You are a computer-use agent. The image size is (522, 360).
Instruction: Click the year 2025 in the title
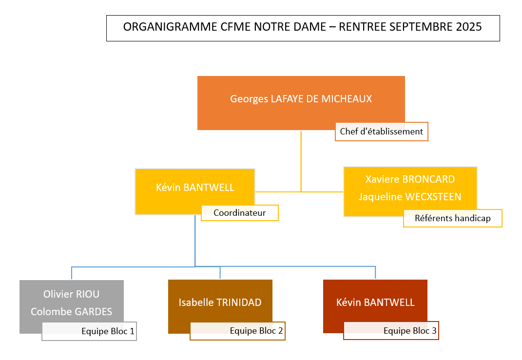pyautogui.click(x=469, y=27)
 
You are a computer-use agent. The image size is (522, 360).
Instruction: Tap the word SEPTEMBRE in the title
pyautogui.click(x=422, y=27)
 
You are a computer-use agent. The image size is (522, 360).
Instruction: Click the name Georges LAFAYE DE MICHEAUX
pyautogui.click(x=301, y=99)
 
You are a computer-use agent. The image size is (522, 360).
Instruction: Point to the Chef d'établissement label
pyautogui.click(x=381, y=132)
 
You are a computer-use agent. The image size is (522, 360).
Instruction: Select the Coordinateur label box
pyautogui.click(x=240, y=213)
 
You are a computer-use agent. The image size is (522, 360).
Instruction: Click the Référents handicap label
pyautogui.click(x=452, y=218)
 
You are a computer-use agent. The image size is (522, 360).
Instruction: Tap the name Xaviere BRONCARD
pyautogui.click(x=410, y=179)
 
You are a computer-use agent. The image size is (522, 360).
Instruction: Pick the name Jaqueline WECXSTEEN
pyautogui.click(x=410, y=197)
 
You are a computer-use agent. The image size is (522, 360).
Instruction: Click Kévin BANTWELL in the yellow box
pyautogui.click(x=195, y=188)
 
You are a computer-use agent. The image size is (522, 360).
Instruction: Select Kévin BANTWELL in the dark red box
pyautogui.click(x=375, y=303)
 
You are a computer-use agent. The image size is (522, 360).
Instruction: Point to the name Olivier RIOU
pyautogui.click(x=71, y=294)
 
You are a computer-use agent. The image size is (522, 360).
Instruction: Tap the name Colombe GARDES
pyautogui.click(x=71, y=312)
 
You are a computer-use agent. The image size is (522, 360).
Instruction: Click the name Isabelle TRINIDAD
pyautogui.click(x=220, y=303)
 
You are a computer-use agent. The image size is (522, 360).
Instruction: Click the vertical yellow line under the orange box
pyautogui.click(x=301, y=161)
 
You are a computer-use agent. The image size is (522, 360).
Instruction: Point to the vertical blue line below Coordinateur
pyautogui.click(x=195, y=241)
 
